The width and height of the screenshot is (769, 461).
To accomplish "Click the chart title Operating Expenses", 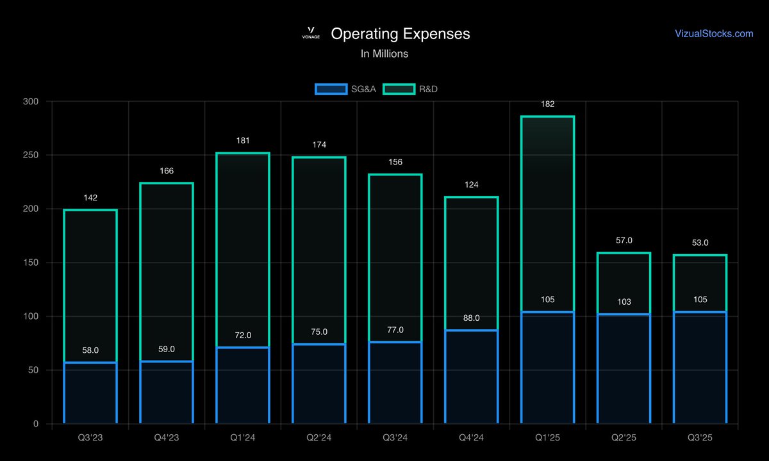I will click(x=400, y=34).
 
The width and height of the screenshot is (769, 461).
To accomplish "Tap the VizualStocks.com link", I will click(x=714, y=33).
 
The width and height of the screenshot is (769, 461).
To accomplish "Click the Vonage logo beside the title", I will click(x=311, y=33).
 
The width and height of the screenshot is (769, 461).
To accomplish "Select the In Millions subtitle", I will click(x=384, y=54).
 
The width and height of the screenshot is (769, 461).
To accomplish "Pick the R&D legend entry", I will click(x=410, y=89).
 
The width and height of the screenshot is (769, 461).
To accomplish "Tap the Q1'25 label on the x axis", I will click(x=548, y=437).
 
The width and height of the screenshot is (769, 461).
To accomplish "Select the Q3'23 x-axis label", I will click(x=90, y=437).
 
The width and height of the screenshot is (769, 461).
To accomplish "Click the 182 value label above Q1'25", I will click(x=548, y=104).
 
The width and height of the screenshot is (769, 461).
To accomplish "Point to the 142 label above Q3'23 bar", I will click(x=90, y=198).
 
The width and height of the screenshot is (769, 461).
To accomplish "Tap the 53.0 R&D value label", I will click(x=700, y=243).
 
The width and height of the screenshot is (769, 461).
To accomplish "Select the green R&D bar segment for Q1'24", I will click(x=243, y=250).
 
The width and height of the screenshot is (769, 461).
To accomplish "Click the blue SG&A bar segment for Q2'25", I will click(x=624, y=368).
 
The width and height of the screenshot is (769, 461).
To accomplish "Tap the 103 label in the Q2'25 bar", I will click(x=624, y=301).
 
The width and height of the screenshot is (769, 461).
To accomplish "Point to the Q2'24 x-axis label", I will click(x=319, y=437).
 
